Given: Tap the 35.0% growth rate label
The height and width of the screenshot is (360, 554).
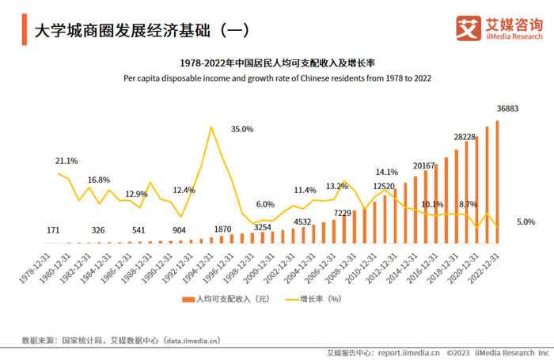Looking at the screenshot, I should point(242,129).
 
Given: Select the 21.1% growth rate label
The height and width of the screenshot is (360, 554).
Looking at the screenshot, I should point(66,161).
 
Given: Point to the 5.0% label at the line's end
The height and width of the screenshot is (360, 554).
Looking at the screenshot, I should point(526,222).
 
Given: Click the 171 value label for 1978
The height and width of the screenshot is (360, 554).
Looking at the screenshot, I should point(54,230).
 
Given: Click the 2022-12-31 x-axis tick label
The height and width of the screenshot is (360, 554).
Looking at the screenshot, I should point(484,270).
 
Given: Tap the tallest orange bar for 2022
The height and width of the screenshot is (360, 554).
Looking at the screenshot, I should point(498,181).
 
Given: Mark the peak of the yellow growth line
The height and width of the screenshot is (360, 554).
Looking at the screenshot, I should point(211,127).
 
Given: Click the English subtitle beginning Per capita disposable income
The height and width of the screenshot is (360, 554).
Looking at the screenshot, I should point(277,78).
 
